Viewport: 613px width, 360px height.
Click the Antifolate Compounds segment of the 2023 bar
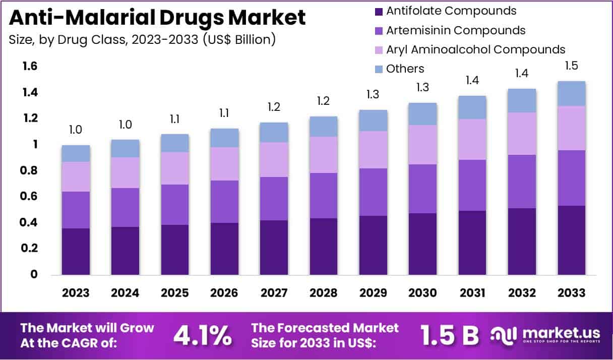76,251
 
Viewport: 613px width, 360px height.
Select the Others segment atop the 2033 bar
571,94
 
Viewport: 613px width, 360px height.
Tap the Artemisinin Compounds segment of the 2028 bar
324,196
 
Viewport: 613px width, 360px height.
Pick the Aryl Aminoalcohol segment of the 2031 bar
472,139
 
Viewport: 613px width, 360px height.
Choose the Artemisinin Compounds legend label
456,30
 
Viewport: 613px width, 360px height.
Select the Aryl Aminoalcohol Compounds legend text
475,49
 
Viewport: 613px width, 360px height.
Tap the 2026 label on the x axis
224,293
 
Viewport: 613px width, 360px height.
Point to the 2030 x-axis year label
422,293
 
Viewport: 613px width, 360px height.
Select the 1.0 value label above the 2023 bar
76,130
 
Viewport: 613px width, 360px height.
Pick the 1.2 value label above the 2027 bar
274,107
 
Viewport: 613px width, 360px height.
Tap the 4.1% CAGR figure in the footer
203,335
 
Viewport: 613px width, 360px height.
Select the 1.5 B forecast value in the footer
450,335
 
